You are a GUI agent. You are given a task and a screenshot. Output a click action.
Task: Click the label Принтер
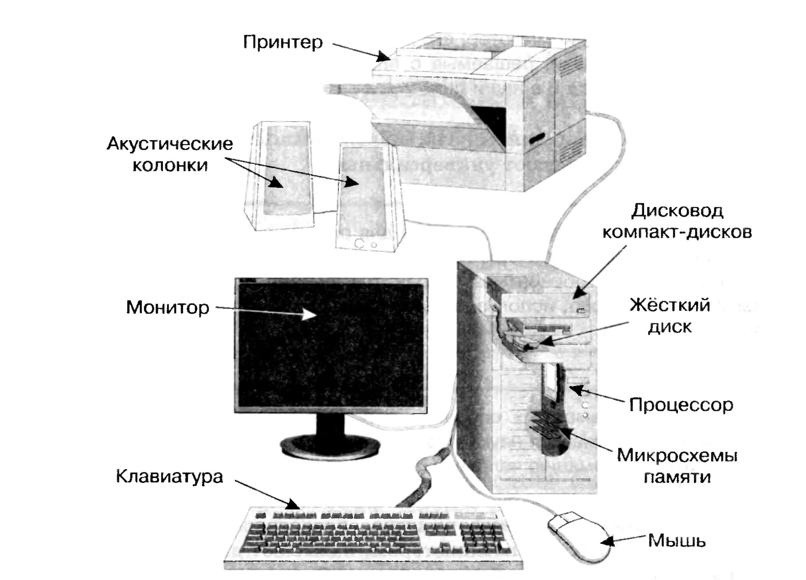283,42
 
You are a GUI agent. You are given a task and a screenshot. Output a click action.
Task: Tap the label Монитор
167,307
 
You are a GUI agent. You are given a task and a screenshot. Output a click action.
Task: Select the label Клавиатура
169,477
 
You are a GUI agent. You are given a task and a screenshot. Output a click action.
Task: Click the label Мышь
677,541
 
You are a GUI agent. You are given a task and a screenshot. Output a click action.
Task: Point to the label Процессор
681,405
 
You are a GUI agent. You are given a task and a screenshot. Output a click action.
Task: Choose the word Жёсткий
670,305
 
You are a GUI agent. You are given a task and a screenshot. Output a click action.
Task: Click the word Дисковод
677,210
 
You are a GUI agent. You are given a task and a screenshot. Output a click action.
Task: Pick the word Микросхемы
677,455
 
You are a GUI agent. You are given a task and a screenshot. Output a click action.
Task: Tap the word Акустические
170,144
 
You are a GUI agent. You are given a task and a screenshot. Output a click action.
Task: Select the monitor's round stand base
330,446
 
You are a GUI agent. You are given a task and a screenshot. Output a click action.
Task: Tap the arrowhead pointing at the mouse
608,542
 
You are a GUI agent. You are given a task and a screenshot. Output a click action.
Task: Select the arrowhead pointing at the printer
384,56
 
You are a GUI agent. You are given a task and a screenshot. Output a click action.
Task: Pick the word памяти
677,477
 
